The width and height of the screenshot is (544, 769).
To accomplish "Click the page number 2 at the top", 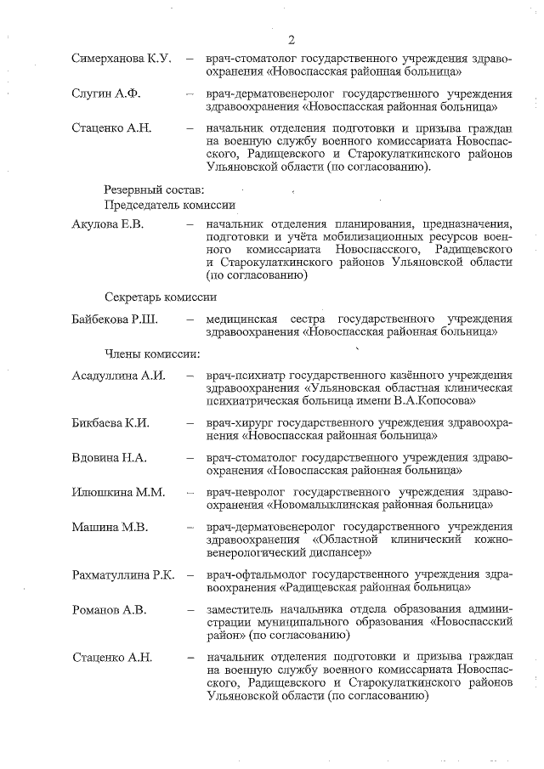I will pos(291,40).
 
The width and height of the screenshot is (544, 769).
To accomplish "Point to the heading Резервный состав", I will pos(154,189).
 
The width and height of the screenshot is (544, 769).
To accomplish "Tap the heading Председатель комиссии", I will pos(169,205).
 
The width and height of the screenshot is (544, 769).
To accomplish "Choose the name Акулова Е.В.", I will pos(108,223).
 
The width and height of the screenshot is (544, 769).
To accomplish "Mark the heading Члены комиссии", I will pos(151,353).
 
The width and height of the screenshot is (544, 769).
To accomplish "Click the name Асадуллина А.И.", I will pos(119,375).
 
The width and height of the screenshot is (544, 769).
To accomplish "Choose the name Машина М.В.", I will pos(110,528).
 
